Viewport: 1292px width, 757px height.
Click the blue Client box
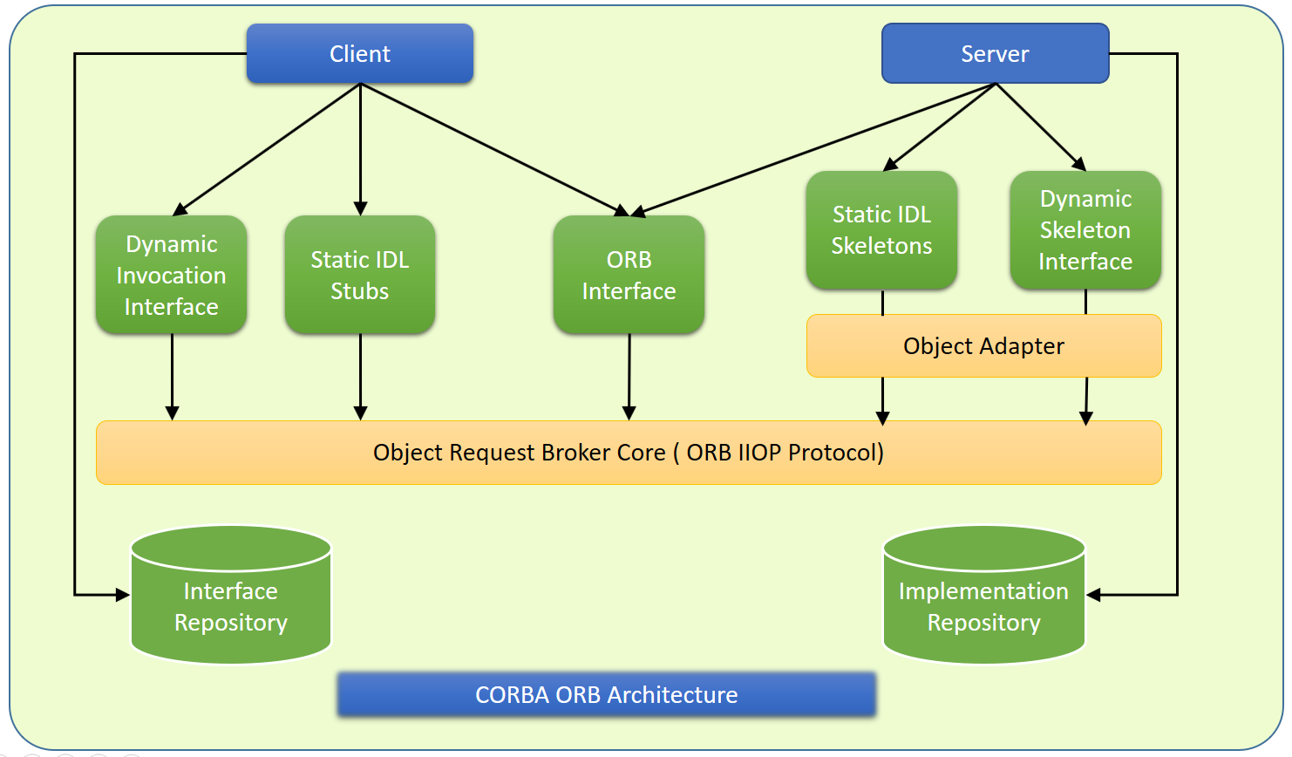pos(359,54)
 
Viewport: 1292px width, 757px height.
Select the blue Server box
pos(995,54)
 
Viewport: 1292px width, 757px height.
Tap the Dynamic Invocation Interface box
pos(171,275)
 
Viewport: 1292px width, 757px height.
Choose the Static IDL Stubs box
pos(359,275)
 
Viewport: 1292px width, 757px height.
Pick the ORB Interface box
pos(629,275)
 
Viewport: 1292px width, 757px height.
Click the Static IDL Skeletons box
pos(881,230)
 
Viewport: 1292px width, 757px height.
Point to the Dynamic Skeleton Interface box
pos(1085,230)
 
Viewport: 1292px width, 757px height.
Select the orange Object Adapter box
pos(983,346)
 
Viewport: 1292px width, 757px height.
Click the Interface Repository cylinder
pos(230,606)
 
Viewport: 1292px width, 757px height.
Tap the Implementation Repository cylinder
pos(983,606)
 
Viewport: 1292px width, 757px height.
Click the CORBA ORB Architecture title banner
pos(606,695)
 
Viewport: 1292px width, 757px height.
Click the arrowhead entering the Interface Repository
pos(122,595)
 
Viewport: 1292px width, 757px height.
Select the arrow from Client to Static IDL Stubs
pos(360,148)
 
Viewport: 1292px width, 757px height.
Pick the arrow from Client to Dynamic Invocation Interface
pos(266,149)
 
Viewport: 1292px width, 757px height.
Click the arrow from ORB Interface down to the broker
pos(629,375)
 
